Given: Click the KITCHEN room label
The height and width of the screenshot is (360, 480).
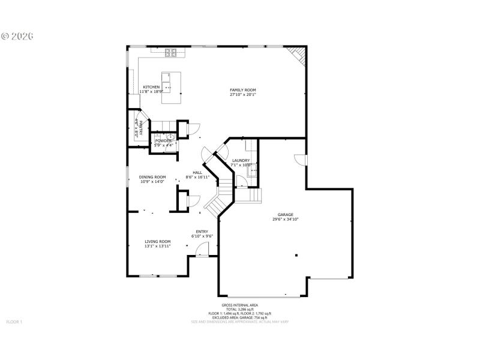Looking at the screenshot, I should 151,87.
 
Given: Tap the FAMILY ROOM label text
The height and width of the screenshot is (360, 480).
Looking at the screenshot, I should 243,91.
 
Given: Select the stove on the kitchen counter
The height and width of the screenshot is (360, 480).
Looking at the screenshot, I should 171,52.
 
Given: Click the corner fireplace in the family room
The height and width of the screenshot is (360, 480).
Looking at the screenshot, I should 298,55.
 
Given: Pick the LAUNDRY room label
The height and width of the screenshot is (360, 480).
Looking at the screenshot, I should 241,160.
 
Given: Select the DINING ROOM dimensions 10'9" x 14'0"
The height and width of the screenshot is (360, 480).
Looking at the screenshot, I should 152,181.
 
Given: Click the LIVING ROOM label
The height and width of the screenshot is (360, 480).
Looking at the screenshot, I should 158,241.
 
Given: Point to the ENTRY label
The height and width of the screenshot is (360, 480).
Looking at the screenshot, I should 202,232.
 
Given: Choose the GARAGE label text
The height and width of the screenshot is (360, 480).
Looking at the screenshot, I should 285,215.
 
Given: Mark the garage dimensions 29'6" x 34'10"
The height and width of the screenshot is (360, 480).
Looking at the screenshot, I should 285,220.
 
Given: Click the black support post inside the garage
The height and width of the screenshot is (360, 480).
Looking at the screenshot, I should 296,255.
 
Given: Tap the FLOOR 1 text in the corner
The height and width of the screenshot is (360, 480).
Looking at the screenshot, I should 14,322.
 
